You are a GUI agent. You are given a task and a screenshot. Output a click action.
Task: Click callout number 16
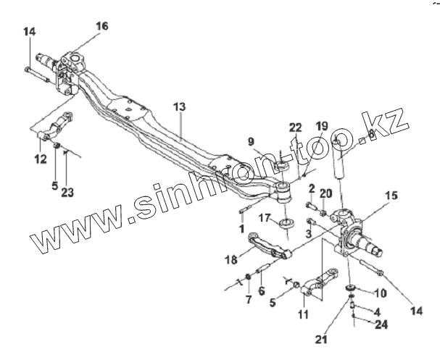(x=101, y=26)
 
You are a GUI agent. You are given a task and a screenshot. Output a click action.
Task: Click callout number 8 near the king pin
(x=371, y=133)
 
